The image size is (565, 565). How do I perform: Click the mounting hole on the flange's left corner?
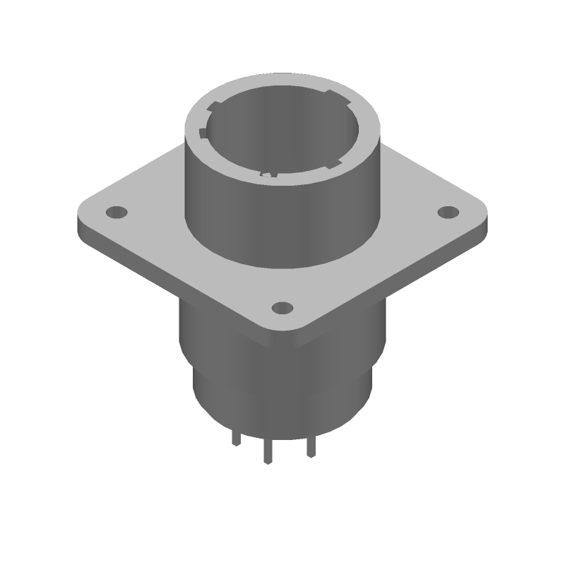115,211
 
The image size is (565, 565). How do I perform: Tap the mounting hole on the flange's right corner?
448,211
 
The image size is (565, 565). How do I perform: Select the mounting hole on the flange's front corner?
282,307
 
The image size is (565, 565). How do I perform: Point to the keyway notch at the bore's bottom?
268,172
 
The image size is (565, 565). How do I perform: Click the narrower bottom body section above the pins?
282,403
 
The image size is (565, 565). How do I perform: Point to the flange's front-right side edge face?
395,282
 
